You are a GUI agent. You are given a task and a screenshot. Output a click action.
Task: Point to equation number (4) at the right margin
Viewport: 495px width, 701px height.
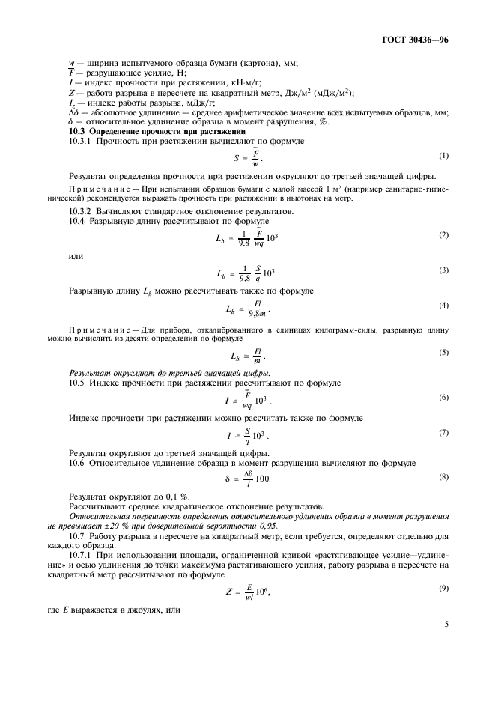[443, 306]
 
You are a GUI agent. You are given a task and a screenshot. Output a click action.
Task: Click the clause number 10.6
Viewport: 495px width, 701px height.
[78, 464]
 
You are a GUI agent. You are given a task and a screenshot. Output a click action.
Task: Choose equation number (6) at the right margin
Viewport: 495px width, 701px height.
[443, 397]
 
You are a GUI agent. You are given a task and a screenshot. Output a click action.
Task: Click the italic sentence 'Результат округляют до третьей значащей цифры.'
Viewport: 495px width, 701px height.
[170, 372]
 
